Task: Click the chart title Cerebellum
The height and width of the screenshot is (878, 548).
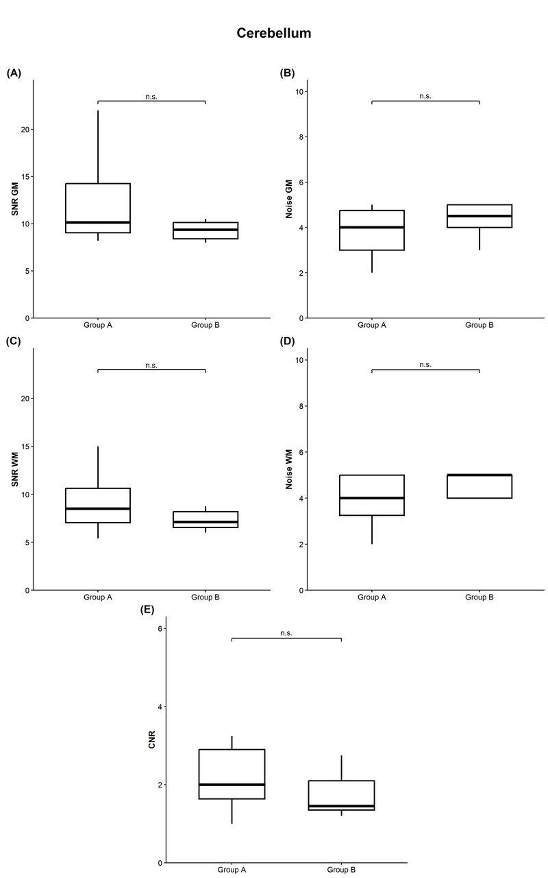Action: point(274,33)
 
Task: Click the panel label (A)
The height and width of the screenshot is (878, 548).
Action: point(14,73)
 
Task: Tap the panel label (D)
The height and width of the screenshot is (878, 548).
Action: point(288,341)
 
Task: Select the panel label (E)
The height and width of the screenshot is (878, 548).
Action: point(147,609)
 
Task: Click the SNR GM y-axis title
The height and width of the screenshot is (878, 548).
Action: point(14,200)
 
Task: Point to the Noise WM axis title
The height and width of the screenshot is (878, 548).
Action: point(288,469)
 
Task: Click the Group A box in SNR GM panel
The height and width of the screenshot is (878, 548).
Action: point(98,206)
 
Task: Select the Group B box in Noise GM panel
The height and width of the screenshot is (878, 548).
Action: point(480,216)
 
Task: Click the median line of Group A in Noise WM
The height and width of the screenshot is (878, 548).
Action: point(371,498)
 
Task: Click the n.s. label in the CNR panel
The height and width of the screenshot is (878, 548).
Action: point(286,633)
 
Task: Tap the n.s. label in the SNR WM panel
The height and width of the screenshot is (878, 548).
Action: point(151,366)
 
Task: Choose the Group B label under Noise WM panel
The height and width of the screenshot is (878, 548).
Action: point(480,597)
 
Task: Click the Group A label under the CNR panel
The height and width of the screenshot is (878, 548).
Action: point(232,870)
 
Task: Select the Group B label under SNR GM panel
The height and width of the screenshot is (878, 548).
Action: point(206,325)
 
